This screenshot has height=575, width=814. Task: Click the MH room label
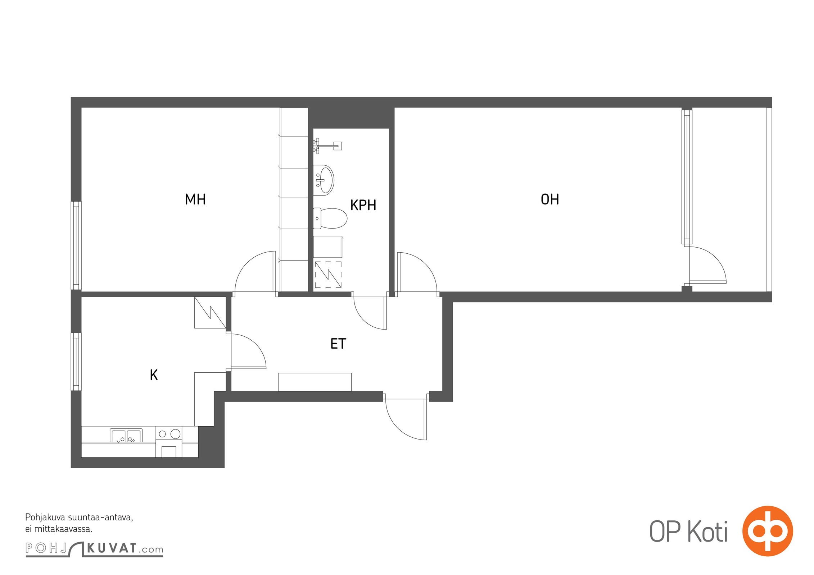point(195,199)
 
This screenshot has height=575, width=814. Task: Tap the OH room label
point(550,199)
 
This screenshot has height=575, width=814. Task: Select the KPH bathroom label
point(363,205)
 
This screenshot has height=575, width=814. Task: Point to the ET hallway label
point(338,344)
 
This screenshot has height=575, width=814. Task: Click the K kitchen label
point(154,375)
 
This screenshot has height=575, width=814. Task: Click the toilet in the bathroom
point(330,218)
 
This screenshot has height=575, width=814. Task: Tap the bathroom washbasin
point(324,180)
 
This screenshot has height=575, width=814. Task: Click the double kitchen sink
point(126,435)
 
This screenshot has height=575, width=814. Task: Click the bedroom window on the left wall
point(76,245)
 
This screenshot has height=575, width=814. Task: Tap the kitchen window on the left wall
point(76,362)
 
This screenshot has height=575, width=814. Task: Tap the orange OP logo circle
point(768,531)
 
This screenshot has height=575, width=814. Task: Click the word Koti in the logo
point(708,532)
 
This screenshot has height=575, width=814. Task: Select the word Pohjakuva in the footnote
point(45,518)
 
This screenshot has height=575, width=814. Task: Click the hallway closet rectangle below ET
point(315,382)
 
